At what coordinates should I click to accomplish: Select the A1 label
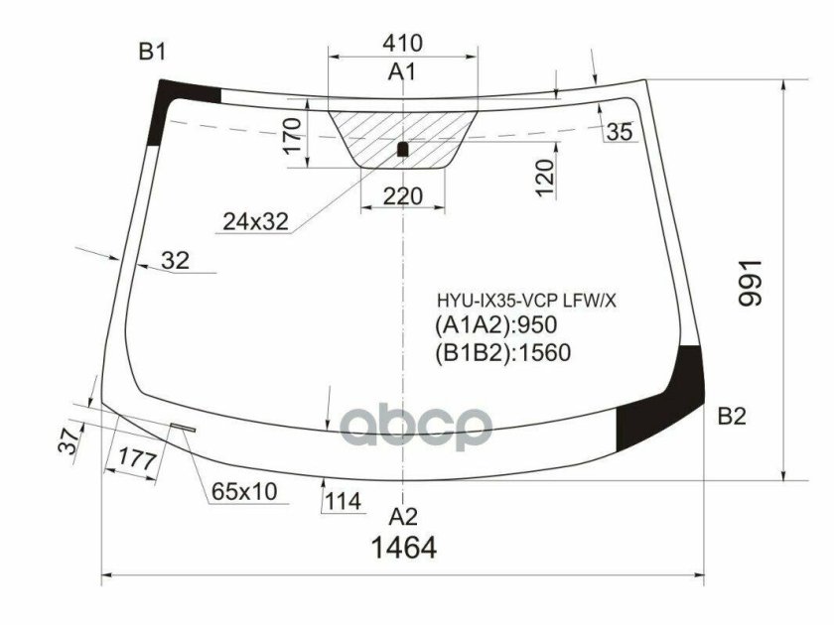point(402,71)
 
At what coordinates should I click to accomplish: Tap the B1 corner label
point(152,53)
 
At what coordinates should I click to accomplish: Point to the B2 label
point(732,417)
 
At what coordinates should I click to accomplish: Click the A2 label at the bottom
point(403,516)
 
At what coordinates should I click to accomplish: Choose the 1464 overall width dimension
point(403,548)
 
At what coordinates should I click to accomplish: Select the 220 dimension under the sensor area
point(402,197)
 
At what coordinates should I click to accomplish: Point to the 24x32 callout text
point(255,223)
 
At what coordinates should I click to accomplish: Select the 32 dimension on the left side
point(175,261)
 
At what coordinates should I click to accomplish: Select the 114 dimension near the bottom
point(342,502)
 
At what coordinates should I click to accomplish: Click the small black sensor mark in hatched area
point(402,150)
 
